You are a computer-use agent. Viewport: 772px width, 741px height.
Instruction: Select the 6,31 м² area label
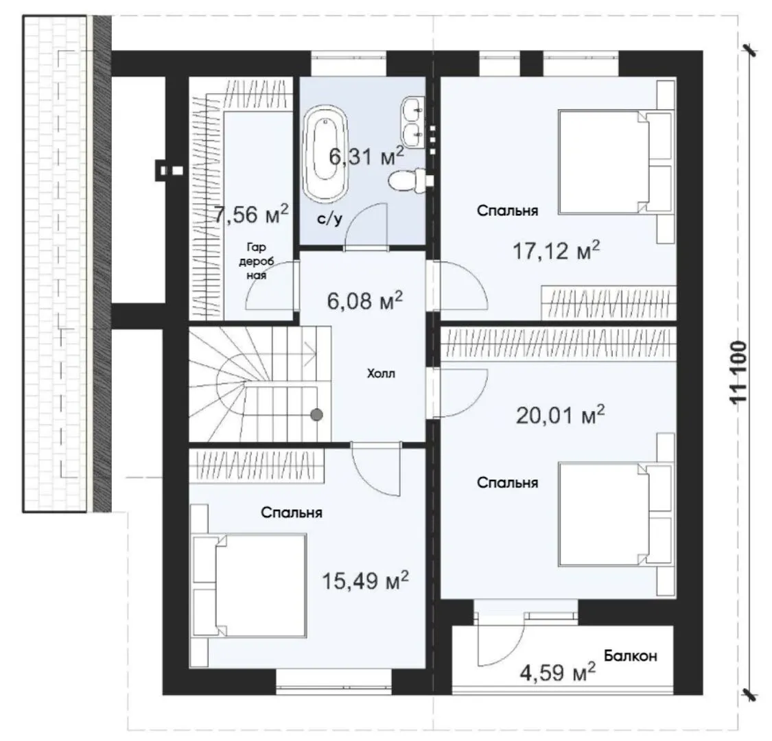pos(366,156)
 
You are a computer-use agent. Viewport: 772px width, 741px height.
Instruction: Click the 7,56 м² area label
pos(251,215)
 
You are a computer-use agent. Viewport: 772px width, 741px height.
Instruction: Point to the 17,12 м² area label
pos(557,251)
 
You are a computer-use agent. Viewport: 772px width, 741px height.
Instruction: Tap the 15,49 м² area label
pos(365,581)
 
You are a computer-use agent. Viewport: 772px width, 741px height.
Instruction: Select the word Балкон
pos(631,656)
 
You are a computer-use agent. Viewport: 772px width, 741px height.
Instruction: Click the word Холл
pos(381,374)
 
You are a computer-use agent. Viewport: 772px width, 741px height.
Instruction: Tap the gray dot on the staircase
pos(316,414)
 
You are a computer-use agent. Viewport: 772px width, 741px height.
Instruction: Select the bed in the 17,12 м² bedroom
pos(616,163)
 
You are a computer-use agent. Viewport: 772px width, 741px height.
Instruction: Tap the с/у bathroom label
pos(330,219)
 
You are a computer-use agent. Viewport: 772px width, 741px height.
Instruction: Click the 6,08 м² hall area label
pos(365,300)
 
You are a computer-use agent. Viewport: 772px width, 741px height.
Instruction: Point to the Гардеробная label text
pos(257,261)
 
